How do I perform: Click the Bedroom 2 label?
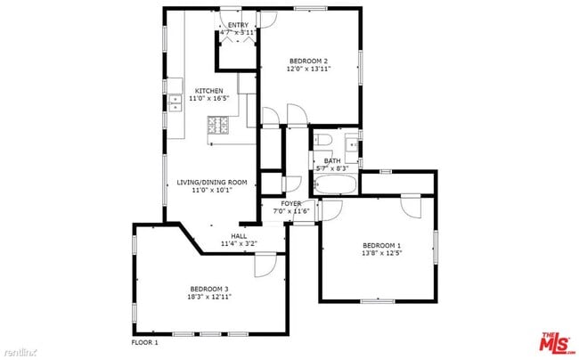click(x=309, y=61)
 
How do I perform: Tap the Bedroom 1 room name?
click(x=381, y=245)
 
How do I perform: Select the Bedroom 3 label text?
click(x=209, y=288)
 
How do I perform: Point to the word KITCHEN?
click(x=209, y=91)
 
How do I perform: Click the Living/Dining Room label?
click(x=211, y=182)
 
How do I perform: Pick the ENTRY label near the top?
click(x=238, y=25)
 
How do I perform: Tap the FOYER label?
click(x=290, y=204)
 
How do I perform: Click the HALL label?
click(x=239, y=235)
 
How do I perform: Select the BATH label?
click(x=331, y=160)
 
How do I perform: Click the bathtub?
click(x=335, y=186)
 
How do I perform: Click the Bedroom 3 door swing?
click(x=265, y=265)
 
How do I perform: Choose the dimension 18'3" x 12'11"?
click(x=209, y=296)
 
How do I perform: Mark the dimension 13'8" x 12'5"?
click(x=381, y=253)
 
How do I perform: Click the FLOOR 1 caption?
click(x=144, y=342)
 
